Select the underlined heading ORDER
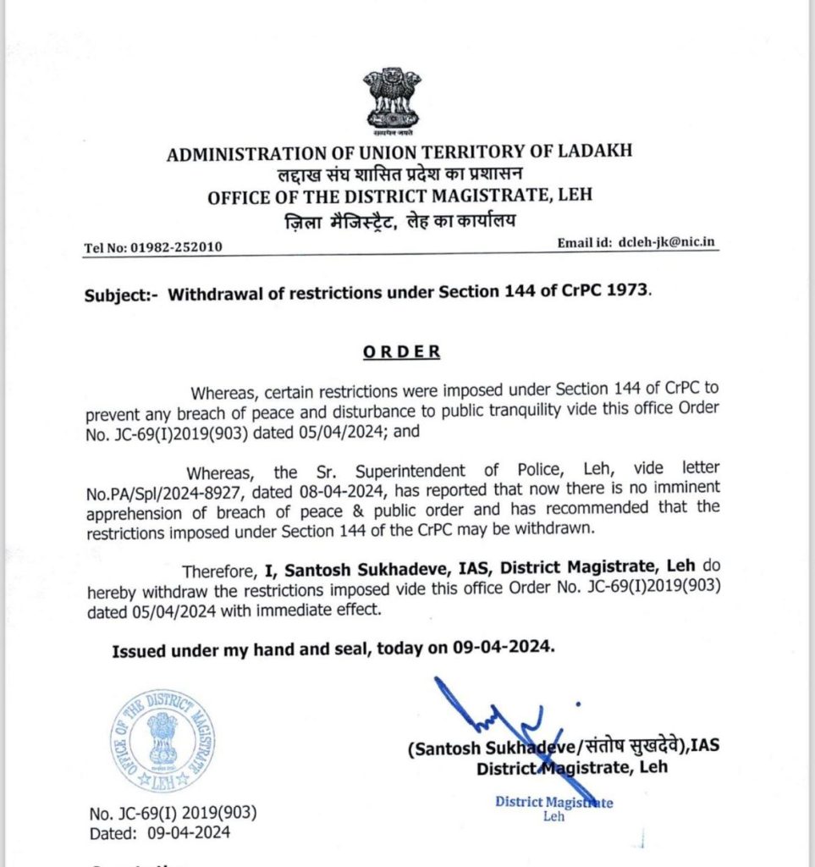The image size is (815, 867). point(402,351)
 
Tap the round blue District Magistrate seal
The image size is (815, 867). point(162,740)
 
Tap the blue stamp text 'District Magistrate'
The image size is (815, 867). point(553,803)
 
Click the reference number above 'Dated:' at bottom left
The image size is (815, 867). point(173,814)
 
